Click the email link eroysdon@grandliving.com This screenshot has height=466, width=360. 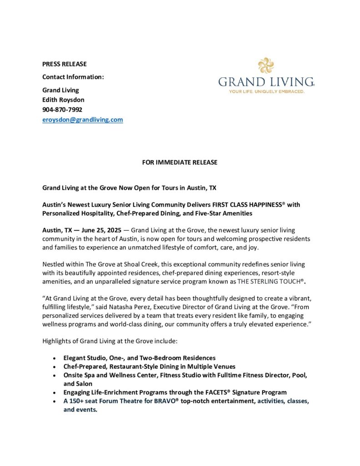tap(82, 120)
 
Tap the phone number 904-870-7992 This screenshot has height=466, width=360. tap(62, 109)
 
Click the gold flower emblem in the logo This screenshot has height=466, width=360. tap(266, 65)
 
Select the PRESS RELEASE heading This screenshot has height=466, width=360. tap(64, 64)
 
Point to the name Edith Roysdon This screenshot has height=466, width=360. tap(63, 100)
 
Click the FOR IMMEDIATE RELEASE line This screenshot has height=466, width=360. tap(180, 162)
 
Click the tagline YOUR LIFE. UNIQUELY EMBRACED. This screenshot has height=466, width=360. tap(266, 91)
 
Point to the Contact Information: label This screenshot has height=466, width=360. tap(73, 77)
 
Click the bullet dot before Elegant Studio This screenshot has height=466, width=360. tap(55, 358)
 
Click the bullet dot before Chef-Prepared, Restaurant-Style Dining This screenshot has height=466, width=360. tap(55, 367)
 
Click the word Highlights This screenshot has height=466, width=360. tap(57, 340)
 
